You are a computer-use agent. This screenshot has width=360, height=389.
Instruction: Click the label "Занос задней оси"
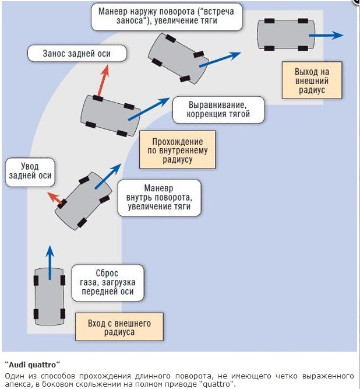(77, 53)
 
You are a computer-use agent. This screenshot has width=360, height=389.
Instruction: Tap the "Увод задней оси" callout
(30, 172)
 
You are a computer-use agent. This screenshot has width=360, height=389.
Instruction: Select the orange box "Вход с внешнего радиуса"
(119, 327)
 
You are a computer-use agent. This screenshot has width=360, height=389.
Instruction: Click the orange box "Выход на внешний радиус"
(312, 80)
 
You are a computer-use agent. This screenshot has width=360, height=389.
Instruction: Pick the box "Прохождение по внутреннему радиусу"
(178, 150)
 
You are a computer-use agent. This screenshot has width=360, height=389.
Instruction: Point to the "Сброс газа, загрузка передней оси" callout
(108, 283)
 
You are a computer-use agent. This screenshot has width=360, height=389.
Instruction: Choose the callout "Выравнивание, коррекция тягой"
(218, 110)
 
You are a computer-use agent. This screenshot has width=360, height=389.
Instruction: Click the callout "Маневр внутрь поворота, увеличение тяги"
(159, 198)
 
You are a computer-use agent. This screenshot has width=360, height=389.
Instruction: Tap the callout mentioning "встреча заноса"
(167, 17)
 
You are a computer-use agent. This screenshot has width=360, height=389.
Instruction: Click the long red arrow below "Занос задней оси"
(103, 80)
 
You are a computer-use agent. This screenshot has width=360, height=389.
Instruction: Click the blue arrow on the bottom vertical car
(50, 262)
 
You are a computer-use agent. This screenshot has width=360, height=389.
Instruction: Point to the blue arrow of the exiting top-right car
(326, 35)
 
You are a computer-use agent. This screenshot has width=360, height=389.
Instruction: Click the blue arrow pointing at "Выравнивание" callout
(149, 109)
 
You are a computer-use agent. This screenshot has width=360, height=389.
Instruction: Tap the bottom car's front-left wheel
(36, 281)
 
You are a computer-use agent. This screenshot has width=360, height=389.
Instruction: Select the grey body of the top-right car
(286, 34)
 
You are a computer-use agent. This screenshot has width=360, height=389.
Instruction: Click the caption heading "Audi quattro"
(32, 365)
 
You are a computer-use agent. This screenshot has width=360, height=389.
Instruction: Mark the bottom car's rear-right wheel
(63, 314)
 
